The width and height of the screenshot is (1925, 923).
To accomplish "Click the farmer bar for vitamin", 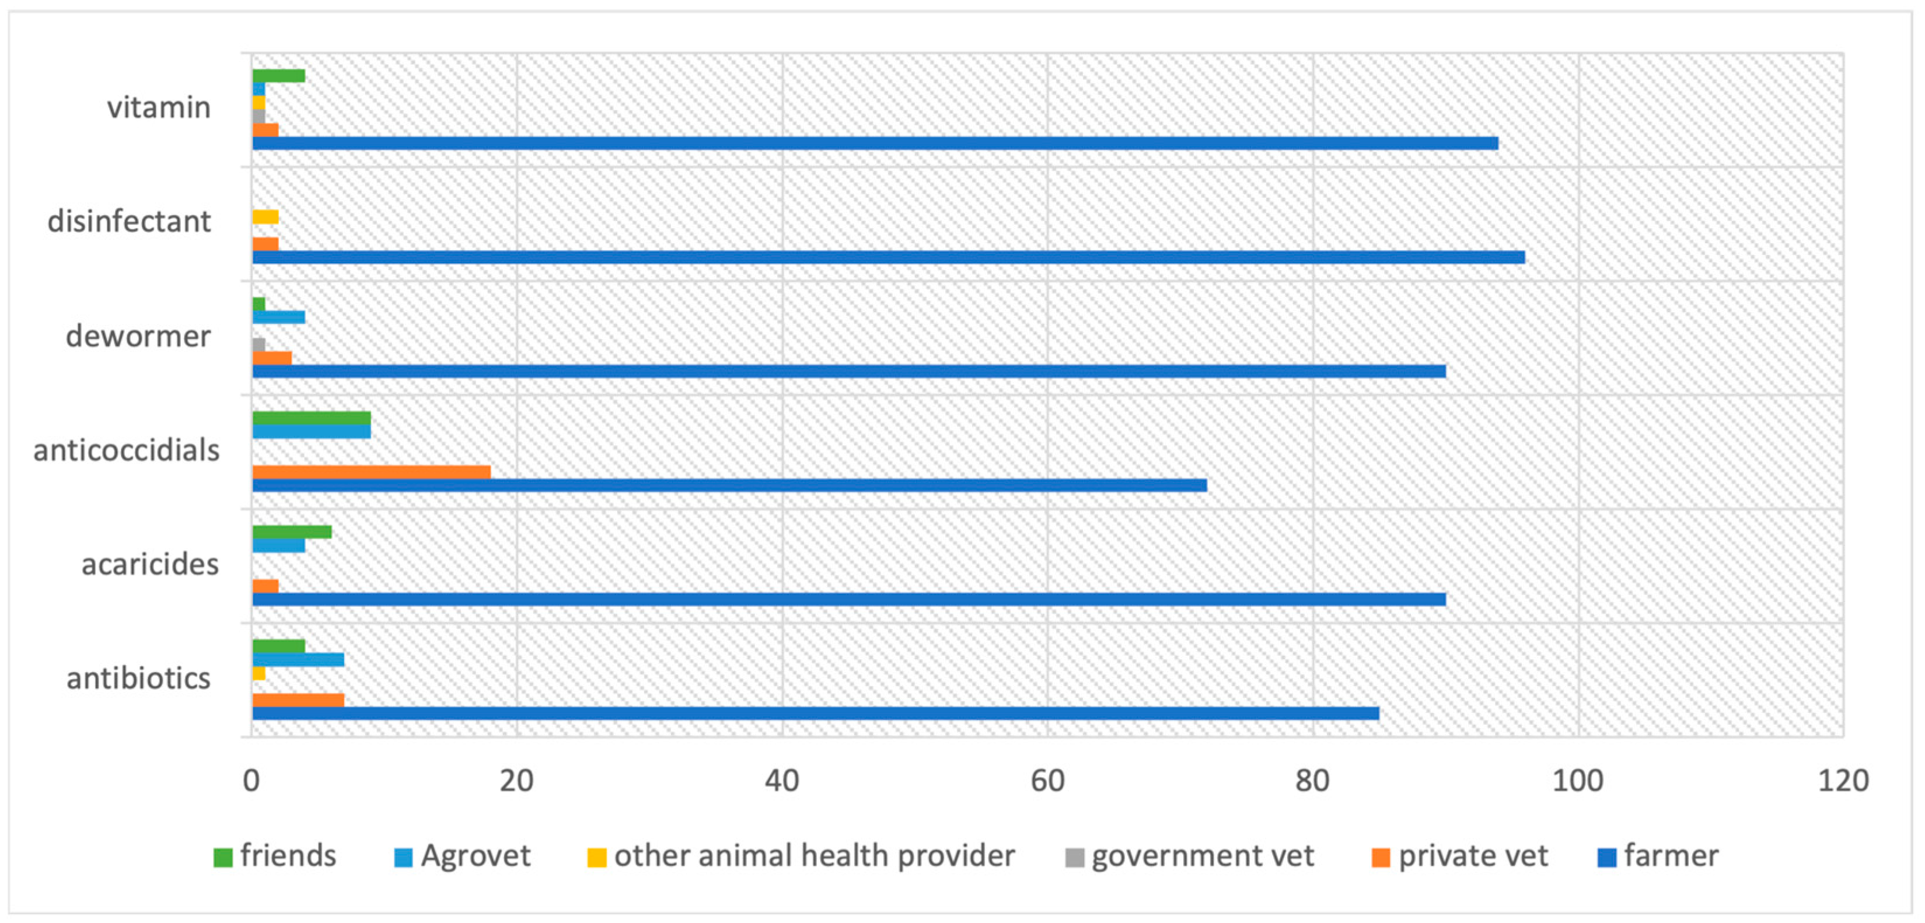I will pos(874,143).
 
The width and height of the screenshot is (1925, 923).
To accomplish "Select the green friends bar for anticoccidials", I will pos(311,418).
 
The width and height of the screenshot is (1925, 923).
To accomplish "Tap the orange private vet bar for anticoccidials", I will pos(371,471).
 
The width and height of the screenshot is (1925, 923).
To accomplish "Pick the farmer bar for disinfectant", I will pos(888,257).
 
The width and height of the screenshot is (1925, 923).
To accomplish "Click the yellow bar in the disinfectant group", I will pos(265,216).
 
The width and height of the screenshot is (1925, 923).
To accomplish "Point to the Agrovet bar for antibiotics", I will pos(298,659).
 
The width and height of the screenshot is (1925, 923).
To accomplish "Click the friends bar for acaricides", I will pos(291,532).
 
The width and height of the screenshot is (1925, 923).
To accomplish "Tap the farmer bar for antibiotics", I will pos(815,713).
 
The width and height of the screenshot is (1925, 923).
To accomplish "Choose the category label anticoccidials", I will pos(126,450).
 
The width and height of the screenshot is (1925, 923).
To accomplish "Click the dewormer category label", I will pos(138,336).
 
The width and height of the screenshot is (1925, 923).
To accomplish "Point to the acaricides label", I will pos(149,564).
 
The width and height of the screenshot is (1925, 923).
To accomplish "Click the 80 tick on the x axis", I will pos(1312,781).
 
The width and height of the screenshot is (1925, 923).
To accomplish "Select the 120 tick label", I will pos(1843,781).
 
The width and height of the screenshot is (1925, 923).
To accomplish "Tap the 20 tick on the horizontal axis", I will pos(516,781).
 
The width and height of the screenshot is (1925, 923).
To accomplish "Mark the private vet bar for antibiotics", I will pos(298,700).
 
